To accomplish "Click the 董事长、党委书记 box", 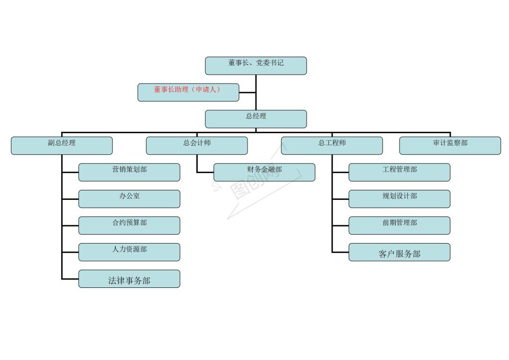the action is pyautogui.click(x=256, y=66).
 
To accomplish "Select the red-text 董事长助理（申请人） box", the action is pyautogui.click(x=188, y=92).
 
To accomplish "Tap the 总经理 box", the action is pyautogui.click(x=256, y=119).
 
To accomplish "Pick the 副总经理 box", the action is pyautogui.click(x=62, y=146).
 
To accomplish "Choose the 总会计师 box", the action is pyautogui.click(x=197, y=146).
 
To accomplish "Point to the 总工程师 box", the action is pyautogui.click(x=332, y=146).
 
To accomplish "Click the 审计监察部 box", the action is pyautogui.click(x=450, y=146).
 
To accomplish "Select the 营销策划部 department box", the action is pyautogui.click(x=129, y=173).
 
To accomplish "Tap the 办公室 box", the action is pyautogui.click(x=129, y=199).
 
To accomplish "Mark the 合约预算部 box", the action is pyautogui.click(x=129, y=226).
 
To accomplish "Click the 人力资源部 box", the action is pyautogui.click(x=129, y=252).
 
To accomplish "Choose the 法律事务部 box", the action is pyautogui.click(x=129, y=279).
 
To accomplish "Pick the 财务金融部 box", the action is pyautogui.click(x=264, y=173).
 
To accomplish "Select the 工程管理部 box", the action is pyautogui.click(x=399, y=173).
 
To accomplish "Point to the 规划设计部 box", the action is pyautogui.click(x=399, y=199).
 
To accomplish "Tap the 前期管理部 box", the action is pyautogui.click(x=399, y=226).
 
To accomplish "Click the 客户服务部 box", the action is pyautogui.click(x=399, y=252).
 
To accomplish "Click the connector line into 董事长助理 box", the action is pyautogui.click(x=248, y=92).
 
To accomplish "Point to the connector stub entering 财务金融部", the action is pyautogui.click(x=205, y=173).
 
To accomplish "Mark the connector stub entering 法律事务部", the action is pyautogui.click(x=70, y=279).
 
